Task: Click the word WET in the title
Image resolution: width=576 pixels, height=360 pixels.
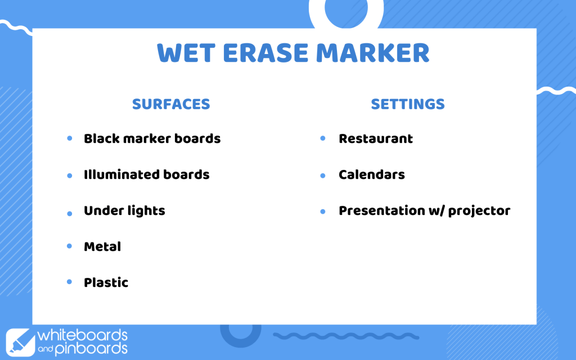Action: (186, 53)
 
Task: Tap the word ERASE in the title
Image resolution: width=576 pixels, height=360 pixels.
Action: (265, 53)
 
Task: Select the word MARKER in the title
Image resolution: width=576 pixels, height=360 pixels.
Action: (372, 53)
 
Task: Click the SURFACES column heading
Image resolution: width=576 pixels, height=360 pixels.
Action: (171, 104)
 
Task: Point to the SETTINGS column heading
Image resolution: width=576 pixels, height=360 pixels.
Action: (408, 104)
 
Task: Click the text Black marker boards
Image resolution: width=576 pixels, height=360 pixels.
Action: (152, 138)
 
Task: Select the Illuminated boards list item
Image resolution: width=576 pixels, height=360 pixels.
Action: (147, 174)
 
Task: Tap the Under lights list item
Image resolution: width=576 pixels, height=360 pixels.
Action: (124, 211)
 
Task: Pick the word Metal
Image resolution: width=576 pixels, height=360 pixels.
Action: (102, 246)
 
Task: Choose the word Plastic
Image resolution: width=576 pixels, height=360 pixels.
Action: (106, 282)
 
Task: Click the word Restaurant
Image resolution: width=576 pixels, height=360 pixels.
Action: (376, 138)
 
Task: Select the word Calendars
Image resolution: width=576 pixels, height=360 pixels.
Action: (372, 174)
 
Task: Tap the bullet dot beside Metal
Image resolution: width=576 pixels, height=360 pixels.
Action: (69, 246)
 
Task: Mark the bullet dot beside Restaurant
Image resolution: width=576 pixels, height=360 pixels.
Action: (323, 138)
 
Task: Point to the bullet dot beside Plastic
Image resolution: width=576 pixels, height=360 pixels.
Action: (69, 282)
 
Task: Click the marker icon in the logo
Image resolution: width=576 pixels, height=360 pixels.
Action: (21, 343)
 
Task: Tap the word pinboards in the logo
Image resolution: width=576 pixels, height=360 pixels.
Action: (91, 349)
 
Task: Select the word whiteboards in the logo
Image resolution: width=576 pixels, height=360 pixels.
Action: (82, 335)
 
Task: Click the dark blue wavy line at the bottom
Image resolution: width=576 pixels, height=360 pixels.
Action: (346, 336)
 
